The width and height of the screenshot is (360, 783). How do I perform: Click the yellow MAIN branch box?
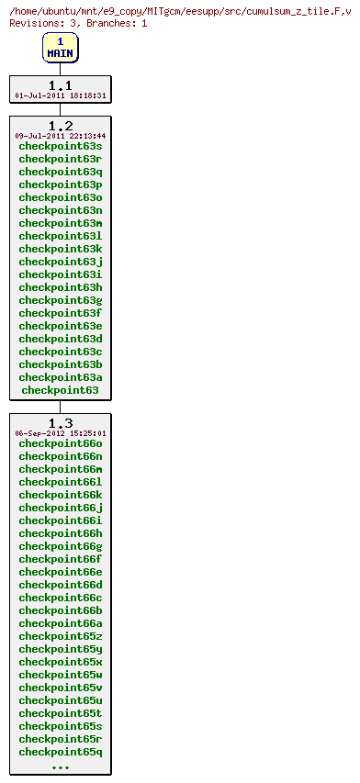click(60, 48)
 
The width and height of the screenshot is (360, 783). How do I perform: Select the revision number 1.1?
click(60, 85)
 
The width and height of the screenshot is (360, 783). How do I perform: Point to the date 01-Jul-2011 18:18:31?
click(60, 95)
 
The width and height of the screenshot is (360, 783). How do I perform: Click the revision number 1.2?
click(60, 126)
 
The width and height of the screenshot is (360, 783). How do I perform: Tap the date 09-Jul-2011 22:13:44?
click(60, 136)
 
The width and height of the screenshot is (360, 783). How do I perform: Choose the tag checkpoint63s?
click(60, 146)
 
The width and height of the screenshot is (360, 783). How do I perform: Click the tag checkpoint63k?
click(60, 249)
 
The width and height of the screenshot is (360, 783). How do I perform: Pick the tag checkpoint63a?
click(60, 377)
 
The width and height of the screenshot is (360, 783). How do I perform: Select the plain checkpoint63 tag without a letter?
click(60, 390)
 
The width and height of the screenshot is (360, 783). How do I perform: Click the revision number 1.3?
click(60, 423)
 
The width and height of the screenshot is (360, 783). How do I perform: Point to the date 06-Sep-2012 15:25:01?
click(60, 433)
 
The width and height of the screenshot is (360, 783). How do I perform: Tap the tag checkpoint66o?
click(60, 443)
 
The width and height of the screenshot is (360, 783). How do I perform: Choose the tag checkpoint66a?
click(60, 623)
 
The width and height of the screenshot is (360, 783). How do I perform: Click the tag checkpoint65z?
click(60, 636)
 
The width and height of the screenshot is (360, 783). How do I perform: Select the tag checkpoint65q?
click(60, 752)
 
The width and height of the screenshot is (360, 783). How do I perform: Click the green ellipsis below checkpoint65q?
click(60, 766)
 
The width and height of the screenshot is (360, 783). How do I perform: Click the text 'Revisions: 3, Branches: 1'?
click(78, 22)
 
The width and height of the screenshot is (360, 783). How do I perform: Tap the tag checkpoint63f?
click(60, 313)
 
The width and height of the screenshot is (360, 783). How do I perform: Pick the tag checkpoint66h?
click(60, 533)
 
